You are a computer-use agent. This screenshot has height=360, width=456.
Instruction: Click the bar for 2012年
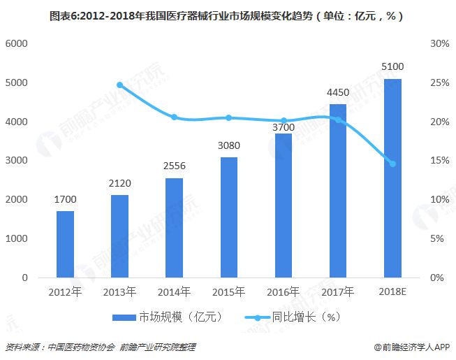pyautogui.click(x=65, y=244)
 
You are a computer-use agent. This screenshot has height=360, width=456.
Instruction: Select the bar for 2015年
pyautogui.click(x=228, y=217)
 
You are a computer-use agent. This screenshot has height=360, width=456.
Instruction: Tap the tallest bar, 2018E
pyautogui.click(x=392, y=178)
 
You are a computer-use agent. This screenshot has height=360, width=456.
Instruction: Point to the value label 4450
pyautogui.click(x=338, y=92)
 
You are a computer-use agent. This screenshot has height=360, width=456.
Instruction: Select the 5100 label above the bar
pyautogui.click(x=392, y=67)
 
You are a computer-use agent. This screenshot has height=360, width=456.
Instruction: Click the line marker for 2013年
pyautogui.click(x=119, y=85)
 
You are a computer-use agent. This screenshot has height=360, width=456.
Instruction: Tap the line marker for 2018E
pyautogui.click(x=392, y=164)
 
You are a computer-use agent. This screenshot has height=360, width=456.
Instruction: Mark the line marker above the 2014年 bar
pyautogui.click(x=174, y=117)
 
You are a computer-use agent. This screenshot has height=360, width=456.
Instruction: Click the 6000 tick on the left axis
pyautogui.click(x=16, y=43)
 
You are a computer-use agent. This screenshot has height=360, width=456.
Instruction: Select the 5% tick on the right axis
pyautogui.click(x=438, y=238)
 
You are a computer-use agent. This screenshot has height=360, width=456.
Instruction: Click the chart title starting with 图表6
pyautogui.click(x=227, y=14)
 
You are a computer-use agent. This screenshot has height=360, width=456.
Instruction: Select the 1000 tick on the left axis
pyautogui.click(x=16, y=238)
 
